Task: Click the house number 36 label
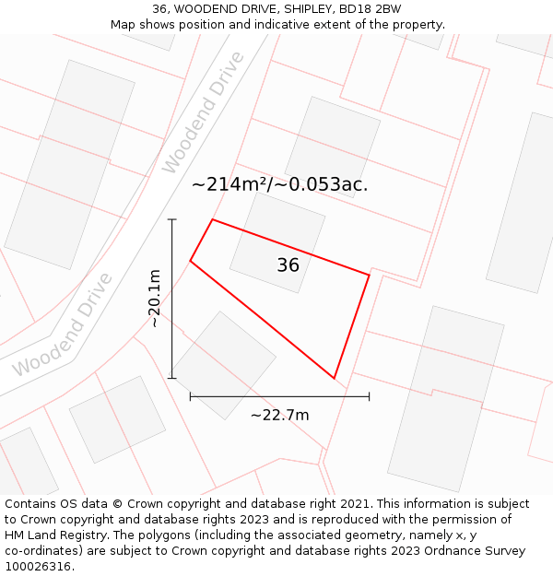(x=288, y=265)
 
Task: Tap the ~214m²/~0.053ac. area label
(x=279, y=184)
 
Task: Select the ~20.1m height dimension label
(x=155, y=298)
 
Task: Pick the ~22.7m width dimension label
(x=279, y=415)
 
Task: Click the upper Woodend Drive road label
(x=203, y=112)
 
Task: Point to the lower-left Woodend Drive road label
(x=63, y=324)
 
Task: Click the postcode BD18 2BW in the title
(x=370, y=9)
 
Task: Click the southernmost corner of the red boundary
(x=334, y=378)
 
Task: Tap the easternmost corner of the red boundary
(x=369, y=275)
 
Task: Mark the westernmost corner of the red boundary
(x=191, y=261)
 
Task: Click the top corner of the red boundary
(x=213, y=219)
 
